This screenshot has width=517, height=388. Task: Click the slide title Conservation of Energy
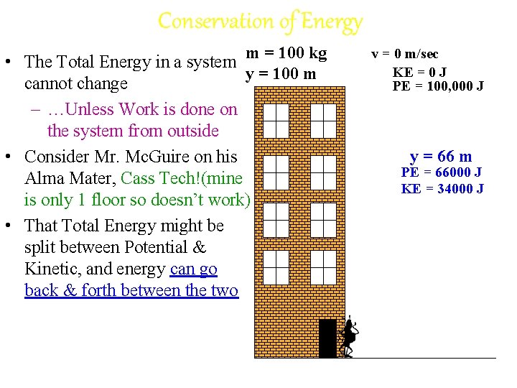click(x=260, y=22)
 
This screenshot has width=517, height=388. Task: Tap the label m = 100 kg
click(x=286, y=53)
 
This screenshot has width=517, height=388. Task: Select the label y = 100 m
click(x=281, y=73)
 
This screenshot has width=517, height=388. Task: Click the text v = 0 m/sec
click(x=404, y=55)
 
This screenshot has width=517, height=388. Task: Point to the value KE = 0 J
click(x=419, y=72)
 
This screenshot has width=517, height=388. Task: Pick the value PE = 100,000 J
click(x=438, y=87)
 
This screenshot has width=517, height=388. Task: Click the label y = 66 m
click(x=441, y=157)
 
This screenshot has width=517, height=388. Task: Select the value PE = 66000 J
click(x=441, y=173)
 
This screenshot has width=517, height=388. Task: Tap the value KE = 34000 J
click(x=442, y=189)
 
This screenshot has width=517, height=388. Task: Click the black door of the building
click(x=327, y=338)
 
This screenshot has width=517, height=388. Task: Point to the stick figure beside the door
click(x=349, y=336)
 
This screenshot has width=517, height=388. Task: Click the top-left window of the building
click(x=276, y=121)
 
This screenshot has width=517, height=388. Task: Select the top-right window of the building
click(x=323, y=121)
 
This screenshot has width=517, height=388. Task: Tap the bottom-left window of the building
click(x=276, y=267)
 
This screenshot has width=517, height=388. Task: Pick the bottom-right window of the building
click(x=323, y=267)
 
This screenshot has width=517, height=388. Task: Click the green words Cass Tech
click(x=158, y=178)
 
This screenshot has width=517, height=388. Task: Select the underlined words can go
click(x=194, y=269)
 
